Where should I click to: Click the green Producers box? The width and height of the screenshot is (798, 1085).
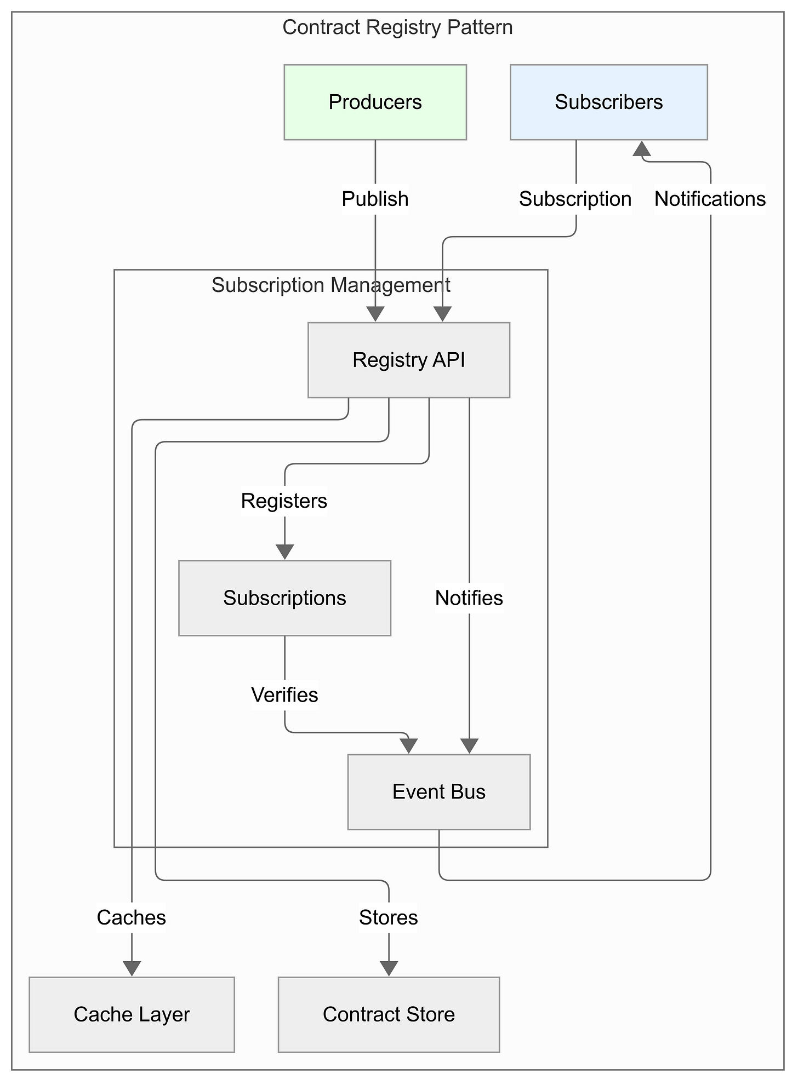click(x=375, y=102)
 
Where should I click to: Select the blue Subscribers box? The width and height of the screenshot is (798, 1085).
click(x=608, y=102)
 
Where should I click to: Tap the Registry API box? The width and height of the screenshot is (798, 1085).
click(x=409, y=360)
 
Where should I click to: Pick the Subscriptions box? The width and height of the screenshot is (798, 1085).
click(x=284, y=598)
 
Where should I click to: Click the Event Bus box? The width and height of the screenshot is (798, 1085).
click(x=438, y=791)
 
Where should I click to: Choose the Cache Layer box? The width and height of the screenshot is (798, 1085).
click(x=132, y=1014)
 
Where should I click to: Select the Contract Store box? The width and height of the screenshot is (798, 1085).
click(x=389, y=1014)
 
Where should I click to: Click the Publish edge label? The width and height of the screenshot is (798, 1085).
click(x=375, y=199)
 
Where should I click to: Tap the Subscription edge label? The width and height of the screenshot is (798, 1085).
click(x=575, y=199)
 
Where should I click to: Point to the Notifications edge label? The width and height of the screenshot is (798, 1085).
click(x=710, y=199)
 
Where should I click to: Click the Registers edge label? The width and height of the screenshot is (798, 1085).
click(x=284, y=501)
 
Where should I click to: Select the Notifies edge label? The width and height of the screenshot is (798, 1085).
click(x=469, y=598)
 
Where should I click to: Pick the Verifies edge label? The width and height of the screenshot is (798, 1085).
click(x=284, y=694)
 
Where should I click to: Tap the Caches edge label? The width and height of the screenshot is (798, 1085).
click(x=132, y=917)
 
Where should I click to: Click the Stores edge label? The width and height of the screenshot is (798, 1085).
click(x=389, y=917)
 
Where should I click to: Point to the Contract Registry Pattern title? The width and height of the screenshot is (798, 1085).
click(x=398, y=27)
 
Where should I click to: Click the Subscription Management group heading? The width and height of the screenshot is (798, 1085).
click(x=331, y=285)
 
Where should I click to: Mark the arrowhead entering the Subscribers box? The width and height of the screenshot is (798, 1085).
click(x=641, y=147)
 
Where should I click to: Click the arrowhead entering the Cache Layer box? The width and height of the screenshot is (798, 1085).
click(x=132, y=968)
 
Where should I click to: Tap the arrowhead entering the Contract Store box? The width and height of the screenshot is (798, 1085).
click(x=389, y=968)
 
